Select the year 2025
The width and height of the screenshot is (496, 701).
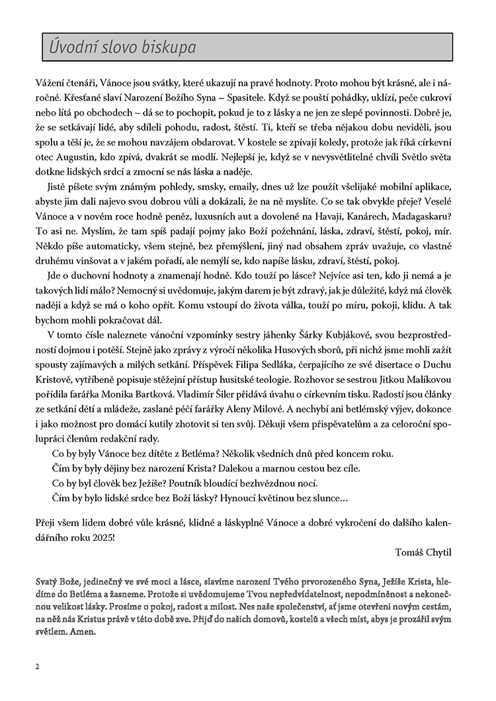coord(101,534)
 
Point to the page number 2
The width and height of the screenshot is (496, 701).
coord(38,667)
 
